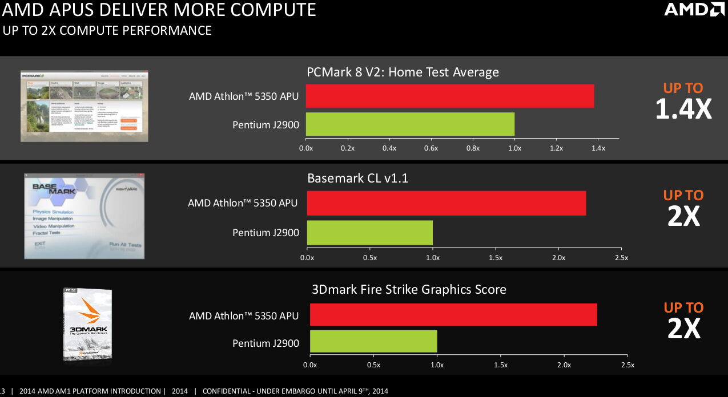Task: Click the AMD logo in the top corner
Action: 694,9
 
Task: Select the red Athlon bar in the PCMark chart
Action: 450,96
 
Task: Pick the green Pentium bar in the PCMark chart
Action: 410,124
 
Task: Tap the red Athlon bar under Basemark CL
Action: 447,203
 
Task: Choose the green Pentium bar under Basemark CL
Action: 370,233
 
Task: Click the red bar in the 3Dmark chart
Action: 453,315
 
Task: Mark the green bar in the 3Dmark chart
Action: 373,341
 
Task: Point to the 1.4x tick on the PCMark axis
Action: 598,148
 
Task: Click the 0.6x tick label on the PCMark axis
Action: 431,148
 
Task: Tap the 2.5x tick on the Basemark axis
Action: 621,258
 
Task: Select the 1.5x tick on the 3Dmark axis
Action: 500,364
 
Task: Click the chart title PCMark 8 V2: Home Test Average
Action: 403,72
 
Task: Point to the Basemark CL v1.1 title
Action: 357,179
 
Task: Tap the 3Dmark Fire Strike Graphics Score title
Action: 409,290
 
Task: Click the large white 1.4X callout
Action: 683,109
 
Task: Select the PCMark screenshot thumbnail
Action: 85,106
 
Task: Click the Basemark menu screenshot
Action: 85,216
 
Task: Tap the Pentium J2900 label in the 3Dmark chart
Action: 266,343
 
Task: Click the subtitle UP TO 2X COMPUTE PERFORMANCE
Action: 107,30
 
